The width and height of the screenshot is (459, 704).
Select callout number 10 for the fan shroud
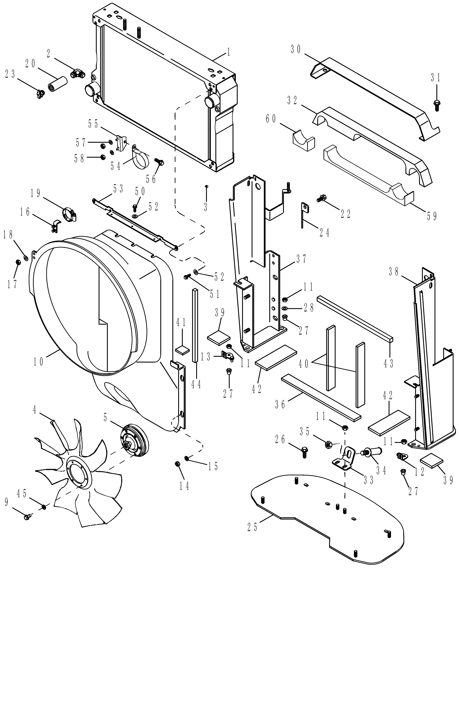click(x=38, y=362)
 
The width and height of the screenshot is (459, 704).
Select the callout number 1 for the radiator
click(x=228, y=53)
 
